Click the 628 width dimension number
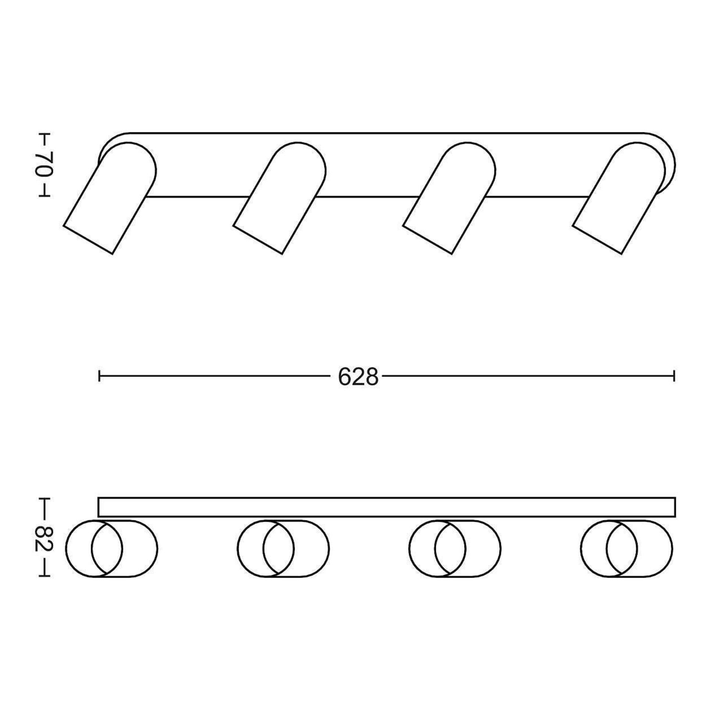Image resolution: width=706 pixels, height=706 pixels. [358, 377]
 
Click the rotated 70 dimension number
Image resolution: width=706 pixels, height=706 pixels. [44, 164]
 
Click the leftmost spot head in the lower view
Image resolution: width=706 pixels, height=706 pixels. [111, 549]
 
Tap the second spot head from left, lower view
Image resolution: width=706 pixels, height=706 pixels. [283, 549]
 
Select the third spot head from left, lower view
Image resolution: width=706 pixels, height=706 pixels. [455, 549]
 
